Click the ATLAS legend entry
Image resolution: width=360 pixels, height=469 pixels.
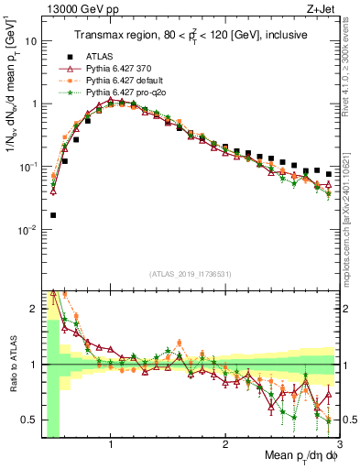(97, 56)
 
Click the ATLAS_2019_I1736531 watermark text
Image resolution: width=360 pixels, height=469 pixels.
(190, 274)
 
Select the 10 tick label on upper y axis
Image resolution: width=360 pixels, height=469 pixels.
(31, 41)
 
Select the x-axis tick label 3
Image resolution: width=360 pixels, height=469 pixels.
(339, 443)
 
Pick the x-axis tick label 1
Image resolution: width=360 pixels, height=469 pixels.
(111, 443)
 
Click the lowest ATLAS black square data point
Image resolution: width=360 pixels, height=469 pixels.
(53, 215)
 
